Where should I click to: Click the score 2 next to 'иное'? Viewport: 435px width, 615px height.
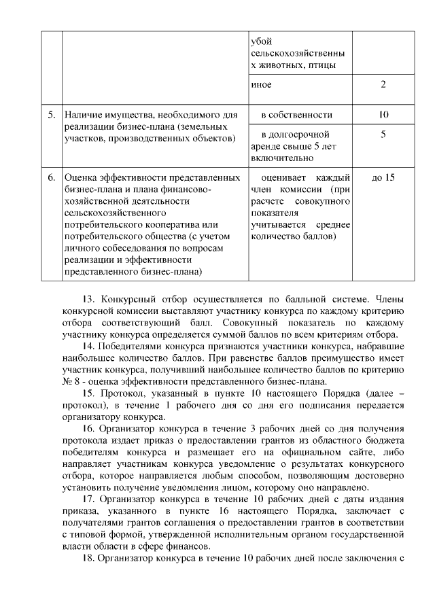tap(383, 85)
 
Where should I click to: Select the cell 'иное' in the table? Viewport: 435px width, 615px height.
tap(261, 85)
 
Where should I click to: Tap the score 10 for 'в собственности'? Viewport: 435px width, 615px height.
tap(383, 114)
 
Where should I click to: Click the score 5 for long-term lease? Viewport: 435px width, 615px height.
tap(383, 135)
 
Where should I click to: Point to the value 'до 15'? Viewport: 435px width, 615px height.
tap(383, 178)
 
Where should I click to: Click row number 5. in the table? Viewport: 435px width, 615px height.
tap(51, 114)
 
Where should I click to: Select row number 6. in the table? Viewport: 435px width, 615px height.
tap(51, 178)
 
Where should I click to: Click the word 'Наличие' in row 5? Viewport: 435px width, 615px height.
tap(82, 114)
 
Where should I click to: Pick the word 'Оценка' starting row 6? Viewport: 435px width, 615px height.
tap(80, 178)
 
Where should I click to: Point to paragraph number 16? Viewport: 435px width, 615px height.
tap(88, 429)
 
